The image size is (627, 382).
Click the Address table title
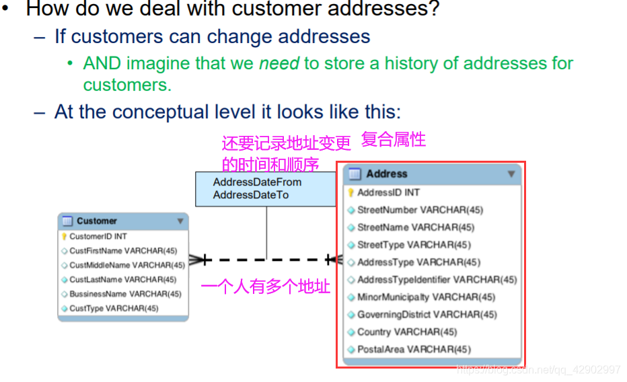coord(387,174)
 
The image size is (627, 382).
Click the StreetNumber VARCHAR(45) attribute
coord(420,210)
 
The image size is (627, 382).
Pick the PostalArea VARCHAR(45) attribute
coord(414,349)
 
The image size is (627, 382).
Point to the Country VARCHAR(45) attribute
coord(406,332)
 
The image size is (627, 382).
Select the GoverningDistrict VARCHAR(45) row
coord(427,314)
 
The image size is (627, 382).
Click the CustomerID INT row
coord(98,236)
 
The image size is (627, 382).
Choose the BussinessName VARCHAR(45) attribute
coord(125,294)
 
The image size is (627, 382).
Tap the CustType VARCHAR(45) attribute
coord(114,308)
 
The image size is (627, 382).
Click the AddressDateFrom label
coord(257,182)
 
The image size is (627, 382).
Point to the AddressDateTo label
coord(251,195)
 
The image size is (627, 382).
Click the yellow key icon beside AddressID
coord(351,192)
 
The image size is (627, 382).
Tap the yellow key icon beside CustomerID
coord(64,236)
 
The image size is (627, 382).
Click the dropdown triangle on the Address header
coord(511,174)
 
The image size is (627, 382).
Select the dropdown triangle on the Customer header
coord(180,221)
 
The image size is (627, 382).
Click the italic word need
coord(279,64)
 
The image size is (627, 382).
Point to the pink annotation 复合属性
coord(394,140)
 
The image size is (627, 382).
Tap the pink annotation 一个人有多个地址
coord(266,286)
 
